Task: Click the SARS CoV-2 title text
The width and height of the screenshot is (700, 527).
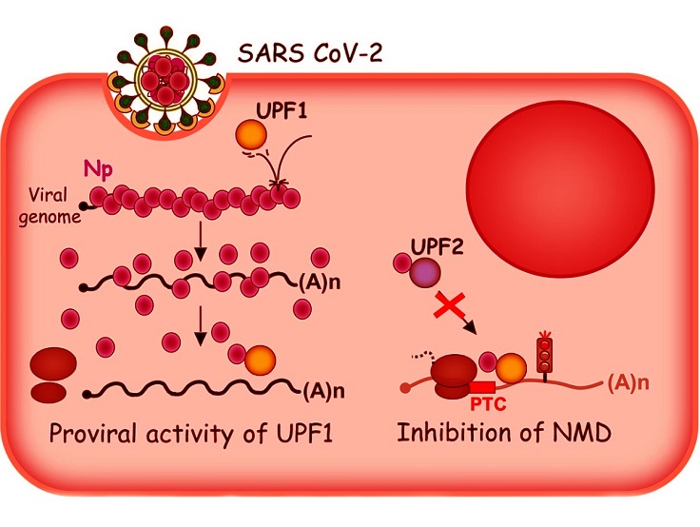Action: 310,52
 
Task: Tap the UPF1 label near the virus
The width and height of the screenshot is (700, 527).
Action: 282,110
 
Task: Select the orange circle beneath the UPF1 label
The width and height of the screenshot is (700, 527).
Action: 251,134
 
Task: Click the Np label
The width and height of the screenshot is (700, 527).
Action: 98,170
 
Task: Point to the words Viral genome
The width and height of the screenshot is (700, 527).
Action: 49,206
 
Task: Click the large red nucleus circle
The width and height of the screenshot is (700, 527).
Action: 560,188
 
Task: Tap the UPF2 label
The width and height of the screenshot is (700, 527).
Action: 437,246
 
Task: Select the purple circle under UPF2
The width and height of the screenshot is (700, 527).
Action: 425,271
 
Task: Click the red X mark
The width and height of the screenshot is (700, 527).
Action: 450,305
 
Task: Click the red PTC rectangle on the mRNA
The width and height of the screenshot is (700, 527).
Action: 482,387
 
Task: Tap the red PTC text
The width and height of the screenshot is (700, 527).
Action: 488,404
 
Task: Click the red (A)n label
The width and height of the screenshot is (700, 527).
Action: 628,382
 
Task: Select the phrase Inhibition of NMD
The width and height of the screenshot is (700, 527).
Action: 504,432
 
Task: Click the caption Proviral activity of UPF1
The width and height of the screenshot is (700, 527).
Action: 191,433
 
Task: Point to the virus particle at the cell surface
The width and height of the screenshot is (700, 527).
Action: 166,81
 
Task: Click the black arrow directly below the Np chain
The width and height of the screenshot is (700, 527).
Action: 201,242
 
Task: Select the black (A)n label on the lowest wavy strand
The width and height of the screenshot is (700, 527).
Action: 323,391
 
